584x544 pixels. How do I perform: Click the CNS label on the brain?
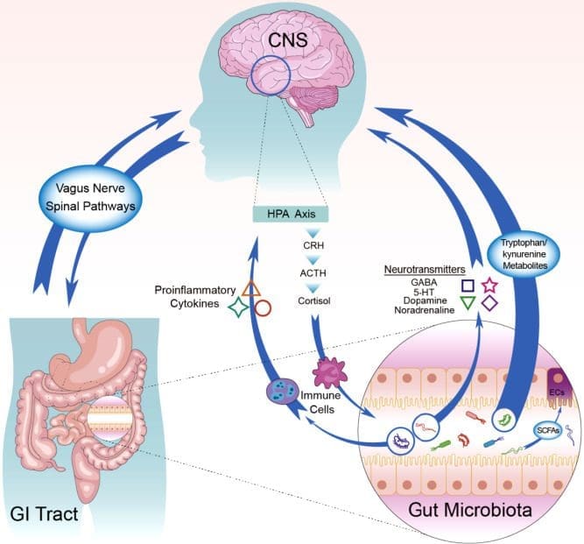click(x=288, y=40)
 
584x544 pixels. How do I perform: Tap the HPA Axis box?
click(x=291, y=215)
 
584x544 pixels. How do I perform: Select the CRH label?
click(x=313, y=245)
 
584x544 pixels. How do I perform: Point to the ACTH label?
click(x=313, y=273)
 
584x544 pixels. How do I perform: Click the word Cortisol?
click(x=313, y=300)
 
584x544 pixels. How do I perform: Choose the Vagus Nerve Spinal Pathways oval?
click(x=90, y=197)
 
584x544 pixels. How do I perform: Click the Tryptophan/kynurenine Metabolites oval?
click(x=524, y=254)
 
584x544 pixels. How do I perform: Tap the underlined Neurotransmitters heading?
click(x=425, y=270)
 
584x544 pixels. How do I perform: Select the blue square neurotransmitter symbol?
click(x=468, y=286)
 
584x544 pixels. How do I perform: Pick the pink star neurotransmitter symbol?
click(x=489, y=286)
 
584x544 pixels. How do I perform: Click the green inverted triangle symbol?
click(x=468, y=303)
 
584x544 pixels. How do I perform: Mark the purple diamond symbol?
click(x=489, y=303)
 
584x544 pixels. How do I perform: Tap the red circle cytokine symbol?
click(x=263, y=308)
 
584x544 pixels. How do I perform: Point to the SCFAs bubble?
click(x=548, y=430)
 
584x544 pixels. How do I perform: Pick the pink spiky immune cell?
click(x=329, y=372)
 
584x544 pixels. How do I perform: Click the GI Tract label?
click(x=45, y=514)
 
